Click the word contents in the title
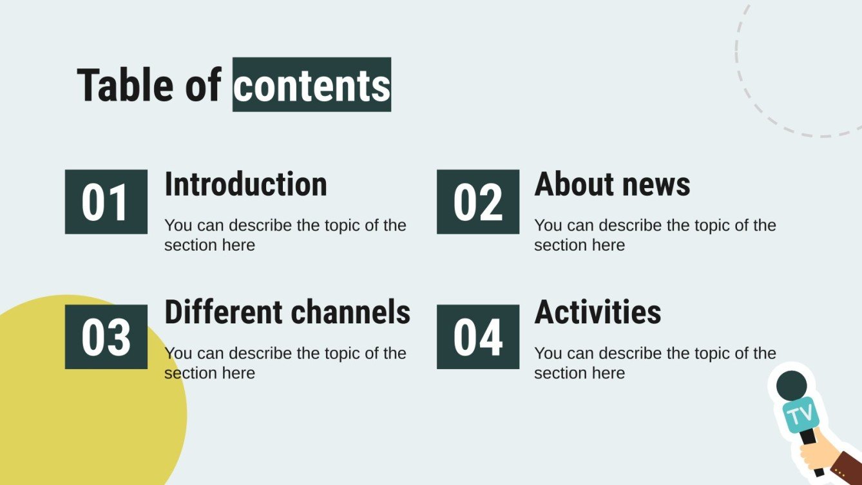coord(312,84)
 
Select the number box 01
coord(106,202)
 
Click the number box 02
coord(478,202)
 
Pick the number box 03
coord(106,337)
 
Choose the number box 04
coord(478,337)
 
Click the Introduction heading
coord(245,184)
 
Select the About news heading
coord(612,184)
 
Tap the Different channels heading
coord(287,312)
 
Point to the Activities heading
coord(598,312)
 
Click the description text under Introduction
coord(285,235)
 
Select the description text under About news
coord(655,235)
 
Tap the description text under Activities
coord(655,363)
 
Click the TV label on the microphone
coord(801,415)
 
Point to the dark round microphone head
coord(792,385)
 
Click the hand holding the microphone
coord(815,453)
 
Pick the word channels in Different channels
coord(350,312)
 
